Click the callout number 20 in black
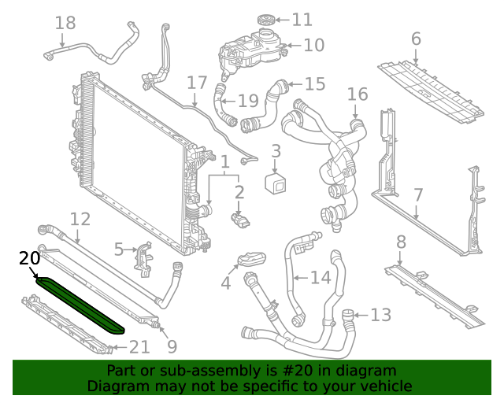[29, 257]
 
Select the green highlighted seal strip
[79, 303]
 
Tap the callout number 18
[65, 23]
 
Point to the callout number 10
[313, 45]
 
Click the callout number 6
[416, 39]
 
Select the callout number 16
[358, 94]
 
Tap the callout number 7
[418, 194]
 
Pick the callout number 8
[401, 242]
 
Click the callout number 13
[380, 315]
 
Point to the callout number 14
[321, 277]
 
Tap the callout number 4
[226, 282]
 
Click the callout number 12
[80, 219]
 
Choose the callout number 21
[139, 346]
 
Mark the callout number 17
[197, 83]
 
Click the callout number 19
[248, 100]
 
